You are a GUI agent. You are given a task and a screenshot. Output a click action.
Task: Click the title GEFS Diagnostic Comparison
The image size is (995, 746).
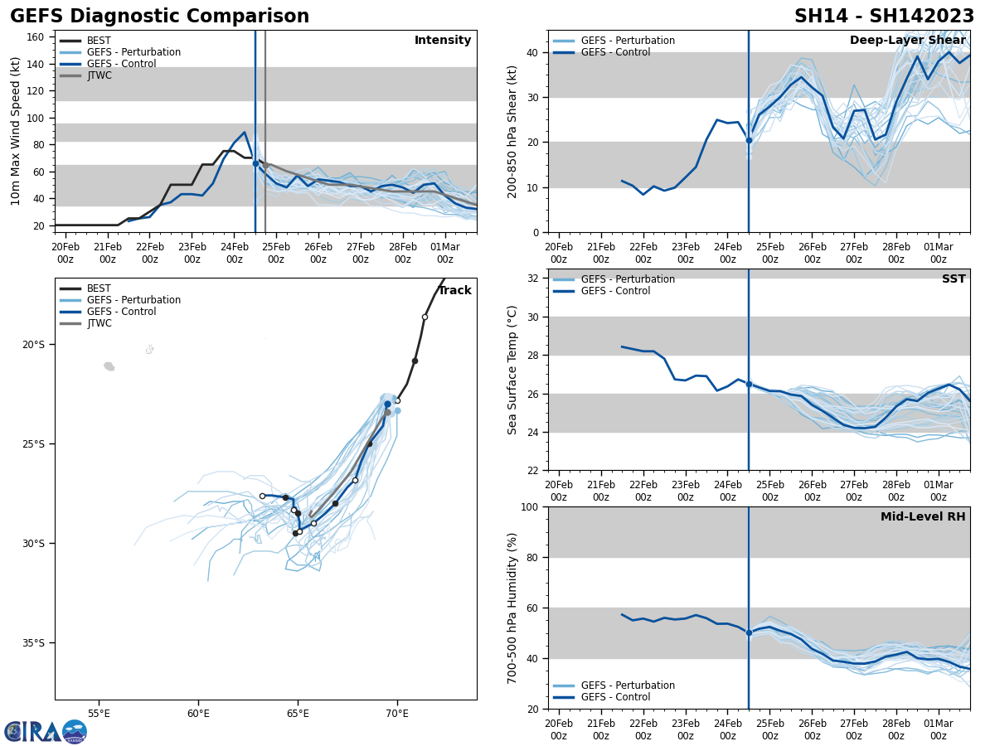coord(159,17)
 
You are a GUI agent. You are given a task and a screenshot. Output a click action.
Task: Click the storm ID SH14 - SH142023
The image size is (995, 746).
coord(884,17)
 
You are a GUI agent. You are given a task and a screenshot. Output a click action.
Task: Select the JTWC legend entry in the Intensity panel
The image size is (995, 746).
coord(99,75)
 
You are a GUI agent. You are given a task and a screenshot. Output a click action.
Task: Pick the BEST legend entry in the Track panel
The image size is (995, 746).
coord(99,288)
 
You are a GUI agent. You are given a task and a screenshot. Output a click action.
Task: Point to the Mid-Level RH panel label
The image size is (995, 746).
coord(923,517)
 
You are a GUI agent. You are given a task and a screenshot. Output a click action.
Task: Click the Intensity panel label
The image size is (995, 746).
coord(443,41)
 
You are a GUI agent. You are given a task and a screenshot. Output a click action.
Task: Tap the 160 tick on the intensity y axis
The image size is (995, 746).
coord(36,37)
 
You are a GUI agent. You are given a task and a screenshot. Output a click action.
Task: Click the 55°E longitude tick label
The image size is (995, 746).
coord(99,714)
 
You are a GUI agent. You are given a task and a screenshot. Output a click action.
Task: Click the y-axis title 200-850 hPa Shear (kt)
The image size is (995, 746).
coord(513,131)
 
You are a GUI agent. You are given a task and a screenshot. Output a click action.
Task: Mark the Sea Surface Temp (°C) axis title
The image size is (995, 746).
coord(513,370)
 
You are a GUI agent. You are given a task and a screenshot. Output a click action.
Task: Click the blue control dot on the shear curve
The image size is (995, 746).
coord(749,141)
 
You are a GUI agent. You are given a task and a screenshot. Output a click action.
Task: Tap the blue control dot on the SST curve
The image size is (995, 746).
coord(749,384)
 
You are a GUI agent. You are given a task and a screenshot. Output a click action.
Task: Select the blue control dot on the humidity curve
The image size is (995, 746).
coord(749,632)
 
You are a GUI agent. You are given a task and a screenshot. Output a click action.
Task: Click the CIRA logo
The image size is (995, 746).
coord(46,731)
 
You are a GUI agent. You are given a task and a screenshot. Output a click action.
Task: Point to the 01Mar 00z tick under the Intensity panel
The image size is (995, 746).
coord(445,252)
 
